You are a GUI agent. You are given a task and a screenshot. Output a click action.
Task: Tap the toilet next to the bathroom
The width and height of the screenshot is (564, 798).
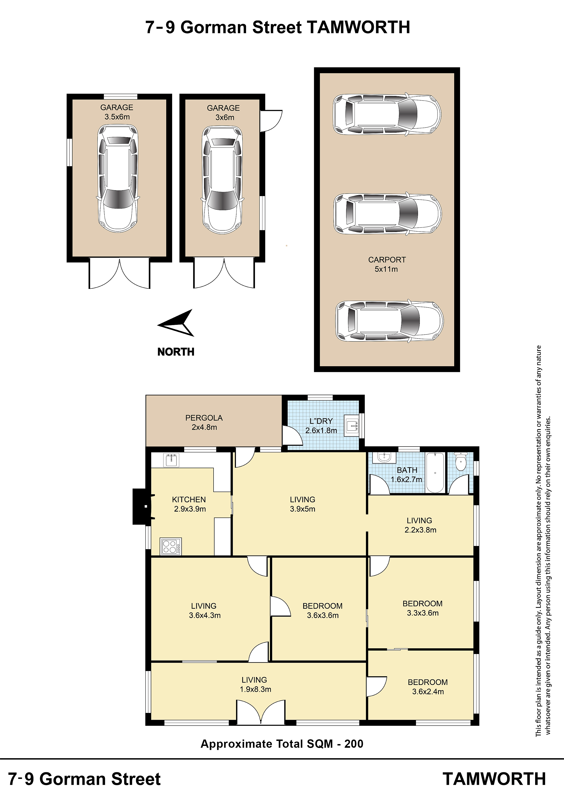tap(461, 461)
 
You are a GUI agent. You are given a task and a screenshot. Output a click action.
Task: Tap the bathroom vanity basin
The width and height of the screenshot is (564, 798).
tap(384, 457)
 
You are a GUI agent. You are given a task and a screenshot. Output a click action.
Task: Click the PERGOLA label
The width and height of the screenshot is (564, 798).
tap(204, 418)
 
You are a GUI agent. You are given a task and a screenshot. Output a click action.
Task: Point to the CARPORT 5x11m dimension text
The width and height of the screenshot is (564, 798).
tap(386, 269)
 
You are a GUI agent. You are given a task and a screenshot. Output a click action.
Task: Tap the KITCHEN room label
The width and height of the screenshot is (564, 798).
tap(189, 500)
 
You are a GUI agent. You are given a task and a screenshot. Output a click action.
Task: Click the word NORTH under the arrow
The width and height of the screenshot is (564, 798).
tap(176, 352)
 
